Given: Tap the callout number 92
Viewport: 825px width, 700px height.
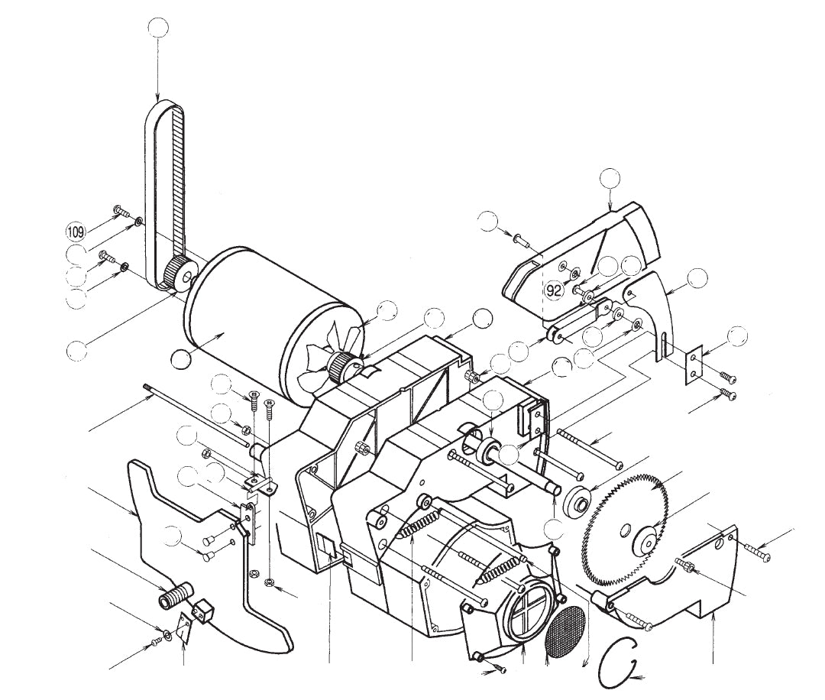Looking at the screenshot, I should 554,290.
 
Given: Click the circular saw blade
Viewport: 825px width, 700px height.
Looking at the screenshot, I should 611,504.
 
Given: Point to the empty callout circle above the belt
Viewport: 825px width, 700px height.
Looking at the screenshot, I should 157,28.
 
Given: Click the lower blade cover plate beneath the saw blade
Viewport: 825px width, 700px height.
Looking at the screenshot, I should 687,573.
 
